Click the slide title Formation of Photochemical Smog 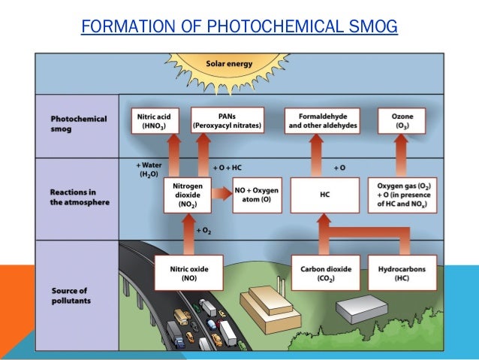click(x=239, y=29)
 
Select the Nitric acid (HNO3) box click(x=156, y=122)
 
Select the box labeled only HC click(x=320, y=193)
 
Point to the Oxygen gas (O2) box click(x=404, y=193)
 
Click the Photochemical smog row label click(x=79, y=124)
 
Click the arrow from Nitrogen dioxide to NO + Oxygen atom click(x=220, y=193)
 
